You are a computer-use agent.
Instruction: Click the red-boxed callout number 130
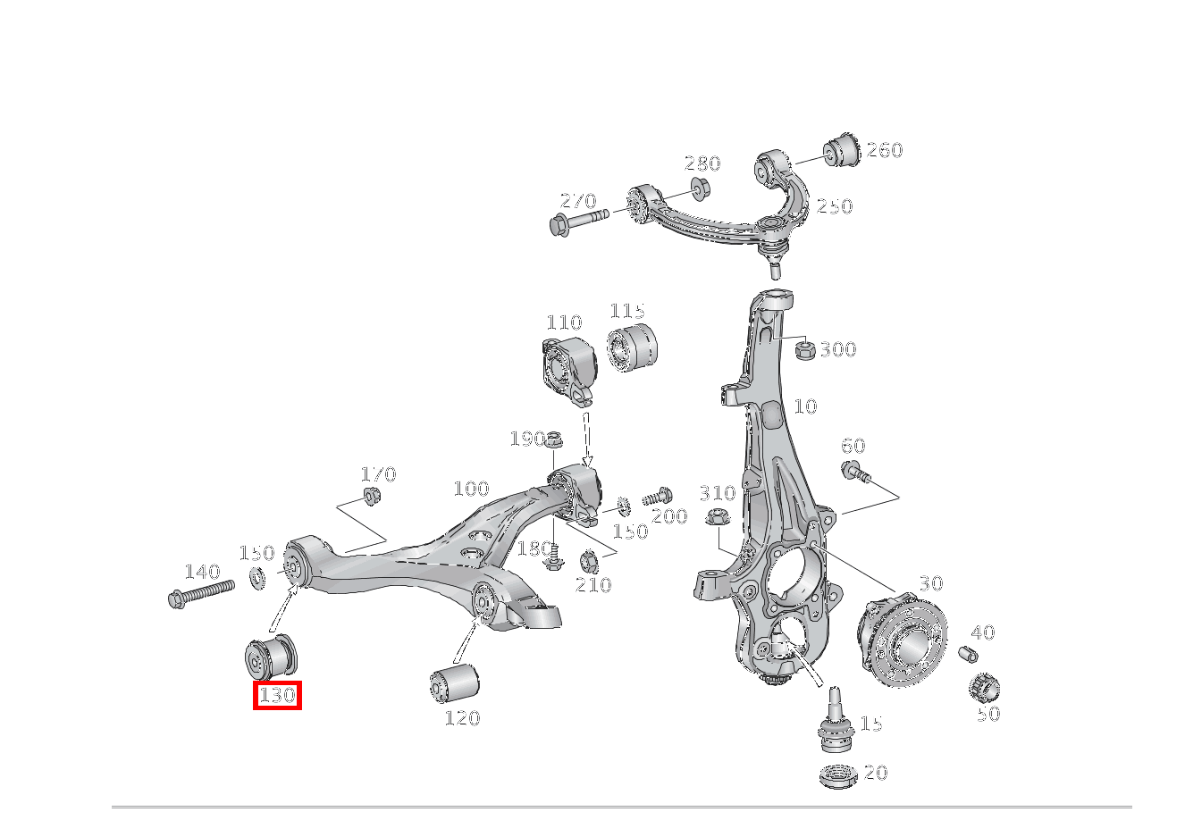pyautogui.click(x=277, y=695)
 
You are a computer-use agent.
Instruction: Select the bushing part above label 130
pyautogui.click(x=271, y=657)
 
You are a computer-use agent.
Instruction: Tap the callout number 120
pyautogui.click(x=462, y=718)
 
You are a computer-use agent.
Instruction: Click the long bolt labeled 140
pyautogui.click(x=200, y=592)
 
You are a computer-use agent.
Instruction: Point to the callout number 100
pyautogui.click(x=471, y=489)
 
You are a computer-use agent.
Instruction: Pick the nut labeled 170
pyautogui.click(x=371, y=496)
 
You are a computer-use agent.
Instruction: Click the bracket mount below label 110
pyautogui.click(x=568, y=365)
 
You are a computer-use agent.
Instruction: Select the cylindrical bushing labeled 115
pyautogui.click(x=633, y=347)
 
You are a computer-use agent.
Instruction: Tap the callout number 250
pyautogui.click(x=835, y=206)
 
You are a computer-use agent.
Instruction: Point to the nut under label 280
pyautogui.click(x=699, y=189)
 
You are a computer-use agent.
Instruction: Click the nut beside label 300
pyautogui.click(x=803, y=349)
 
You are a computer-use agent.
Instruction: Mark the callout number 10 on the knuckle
pyautogui.click(x=805, y=407)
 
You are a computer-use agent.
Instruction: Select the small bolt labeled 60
pyautogui.click(x=854, y=471)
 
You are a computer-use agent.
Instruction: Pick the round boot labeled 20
pyautogui.click(x=837, y=774)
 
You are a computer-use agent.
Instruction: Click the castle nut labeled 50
pyautogui.click(x=984, y=688)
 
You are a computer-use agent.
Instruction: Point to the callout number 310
pyautogui.click(x=717, y=493)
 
